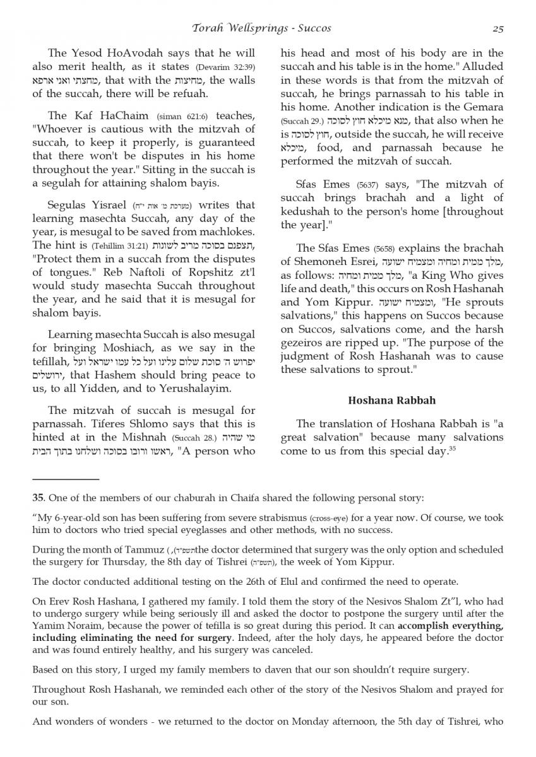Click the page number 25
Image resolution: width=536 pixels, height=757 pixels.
point(497,28)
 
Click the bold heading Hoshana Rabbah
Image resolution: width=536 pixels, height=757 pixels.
point(392,400)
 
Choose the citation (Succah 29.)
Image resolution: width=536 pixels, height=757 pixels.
point(302,120)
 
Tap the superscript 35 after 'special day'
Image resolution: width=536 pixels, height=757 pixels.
point(452,449)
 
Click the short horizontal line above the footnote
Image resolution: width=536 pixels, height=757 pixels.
point(66,480)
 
